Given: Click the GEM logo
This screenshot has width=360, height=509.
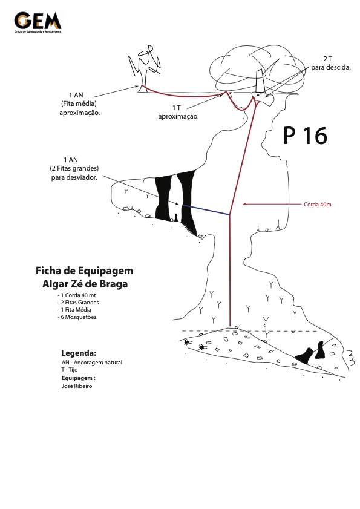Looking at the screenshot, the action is [x=38, y=22].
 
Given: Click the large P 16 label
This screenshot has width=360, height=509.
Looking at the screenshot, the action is [x=305, y=136].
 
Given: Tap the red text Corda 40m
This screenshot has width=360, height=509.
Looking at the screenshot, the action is [x=318, y=205].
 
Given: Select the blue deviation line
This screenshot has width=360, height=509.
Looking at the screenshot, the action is [x=206, y=209].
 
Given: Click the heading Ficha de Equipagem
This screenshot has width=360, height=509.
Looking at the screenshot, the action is [x=84, y=271].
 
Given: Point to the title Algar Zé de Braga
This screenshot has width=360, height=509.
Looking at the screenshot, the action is [x=85, y=284].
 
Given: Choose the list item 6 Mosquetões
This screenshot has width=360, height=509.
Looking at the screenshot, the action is [x=77, y=317].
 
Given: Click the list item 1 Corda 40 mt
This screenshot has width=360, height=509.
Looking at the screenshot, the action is [x=77, y=295].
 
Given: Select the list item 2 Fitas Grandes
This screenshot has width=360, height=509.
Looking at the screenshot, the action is [x=78, y=303].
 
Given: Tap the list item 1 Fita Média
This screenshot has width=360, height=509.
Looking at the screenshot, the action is [x=74, y=310].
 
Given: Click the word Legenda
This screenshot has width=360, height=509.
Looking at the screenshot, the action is [x=79, y=353].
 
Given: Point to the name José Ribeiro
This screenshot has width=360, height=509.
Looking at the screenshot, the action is [x=77, y=386].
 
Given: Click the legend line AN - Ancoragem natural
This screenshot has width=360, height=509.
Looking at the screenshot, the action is [x=92, y=363].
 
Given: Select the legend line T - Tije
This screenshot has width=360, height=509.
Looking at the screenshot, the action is [x=70, y=370].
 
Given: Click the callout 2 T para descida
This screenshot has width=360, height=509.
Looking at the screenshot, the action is [x=331, y=64].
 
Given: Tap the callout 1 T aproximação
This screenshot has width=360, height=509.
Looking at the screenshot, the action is [x=178, y=112].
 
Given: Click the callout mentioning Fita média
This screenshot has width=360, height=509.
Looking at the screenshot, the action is [x=79, y=104].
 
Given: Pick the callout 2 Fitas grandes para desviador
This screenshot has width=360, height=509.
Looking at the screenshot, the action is [x=74, y=168].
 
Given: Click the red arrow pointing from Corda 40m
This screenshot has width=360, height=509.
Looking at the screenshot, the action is [x=272, y=204].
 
